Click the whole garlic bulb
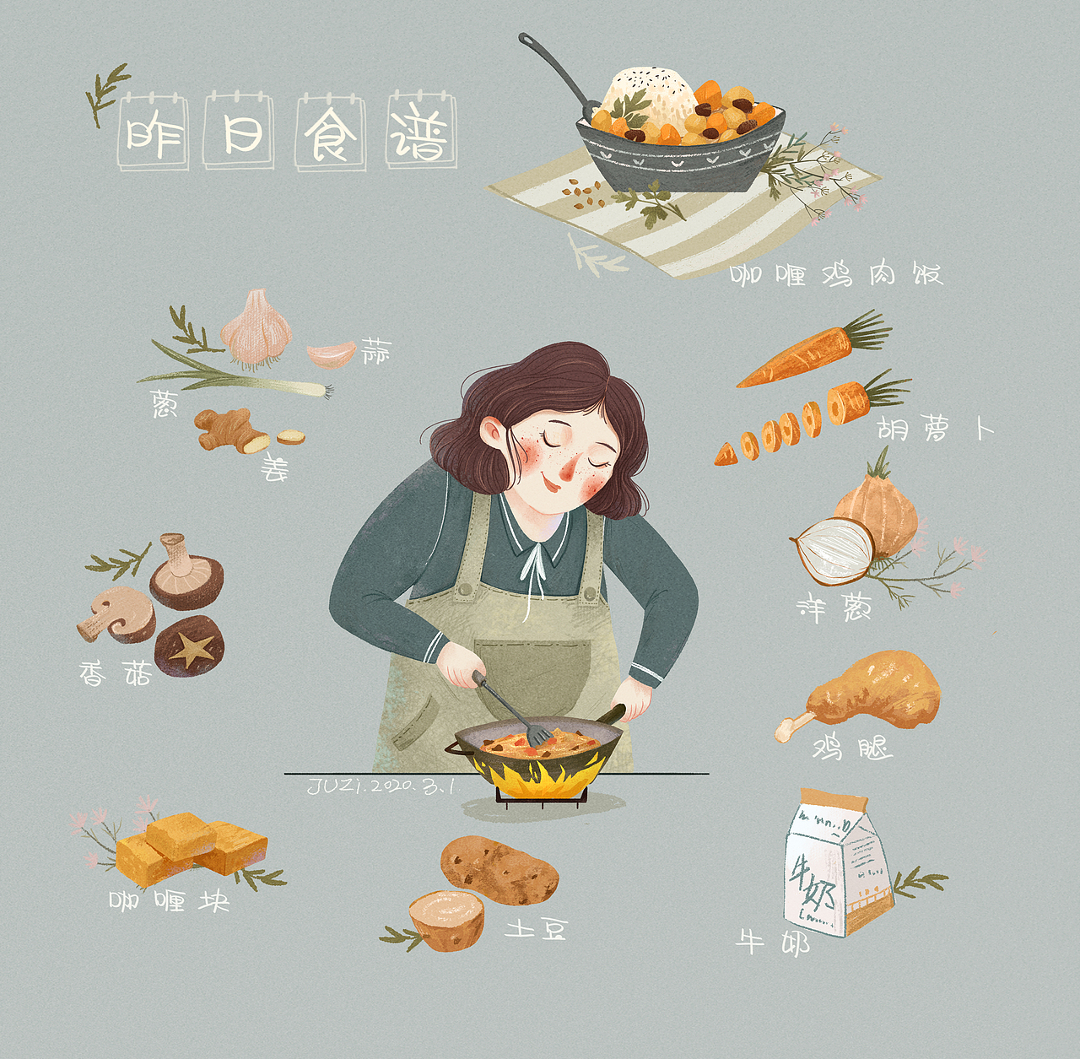pos(257,329)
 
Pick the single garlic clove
pos(331,354)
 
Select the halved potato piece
pos(446,919)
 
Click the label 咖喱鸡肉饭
pos(835,274)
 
